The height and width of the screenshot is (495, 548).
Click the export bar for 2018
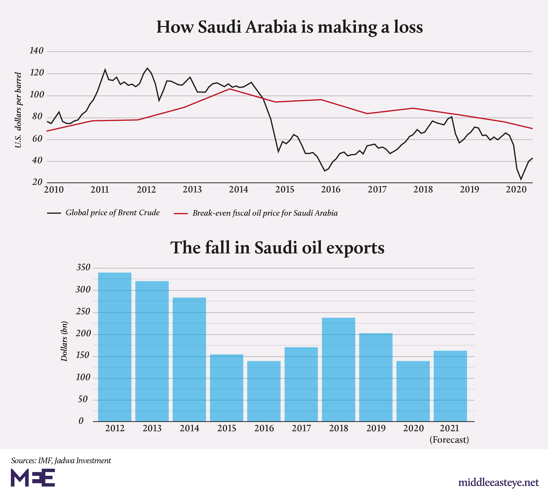pos(338,370)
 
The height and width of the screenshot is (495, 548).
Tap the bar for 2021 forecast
pos(450,386)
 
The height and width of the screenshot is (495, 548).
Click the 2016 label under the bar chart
pos(264,428)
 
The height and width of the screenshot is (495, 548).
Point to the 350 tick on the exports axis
pos(83,268)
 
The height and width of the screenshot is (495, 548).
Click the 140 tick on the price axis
pos(36,51)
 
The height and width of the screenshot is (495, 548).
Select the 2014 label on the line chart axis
pos(238,189)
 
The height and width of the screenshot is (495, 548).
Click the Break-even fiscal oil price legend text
pos(265,213)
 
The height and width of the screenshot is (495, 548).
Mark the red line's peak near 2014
pos(230,89)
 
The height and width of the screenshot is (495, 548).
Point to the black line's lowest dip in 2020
pos(521,179)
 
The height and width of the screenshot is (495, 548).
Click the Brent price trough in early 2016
pos(325,171)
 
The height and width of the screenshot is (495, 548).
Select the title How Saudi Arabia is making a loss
pos(290,27)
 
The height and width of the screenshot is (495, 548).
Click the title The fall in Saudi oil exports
pos(277,248)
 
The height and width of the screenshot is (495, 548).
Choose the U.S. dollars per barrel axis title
pos(18,110)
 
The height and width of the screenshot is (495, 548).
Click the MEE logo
pos(33,478)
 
